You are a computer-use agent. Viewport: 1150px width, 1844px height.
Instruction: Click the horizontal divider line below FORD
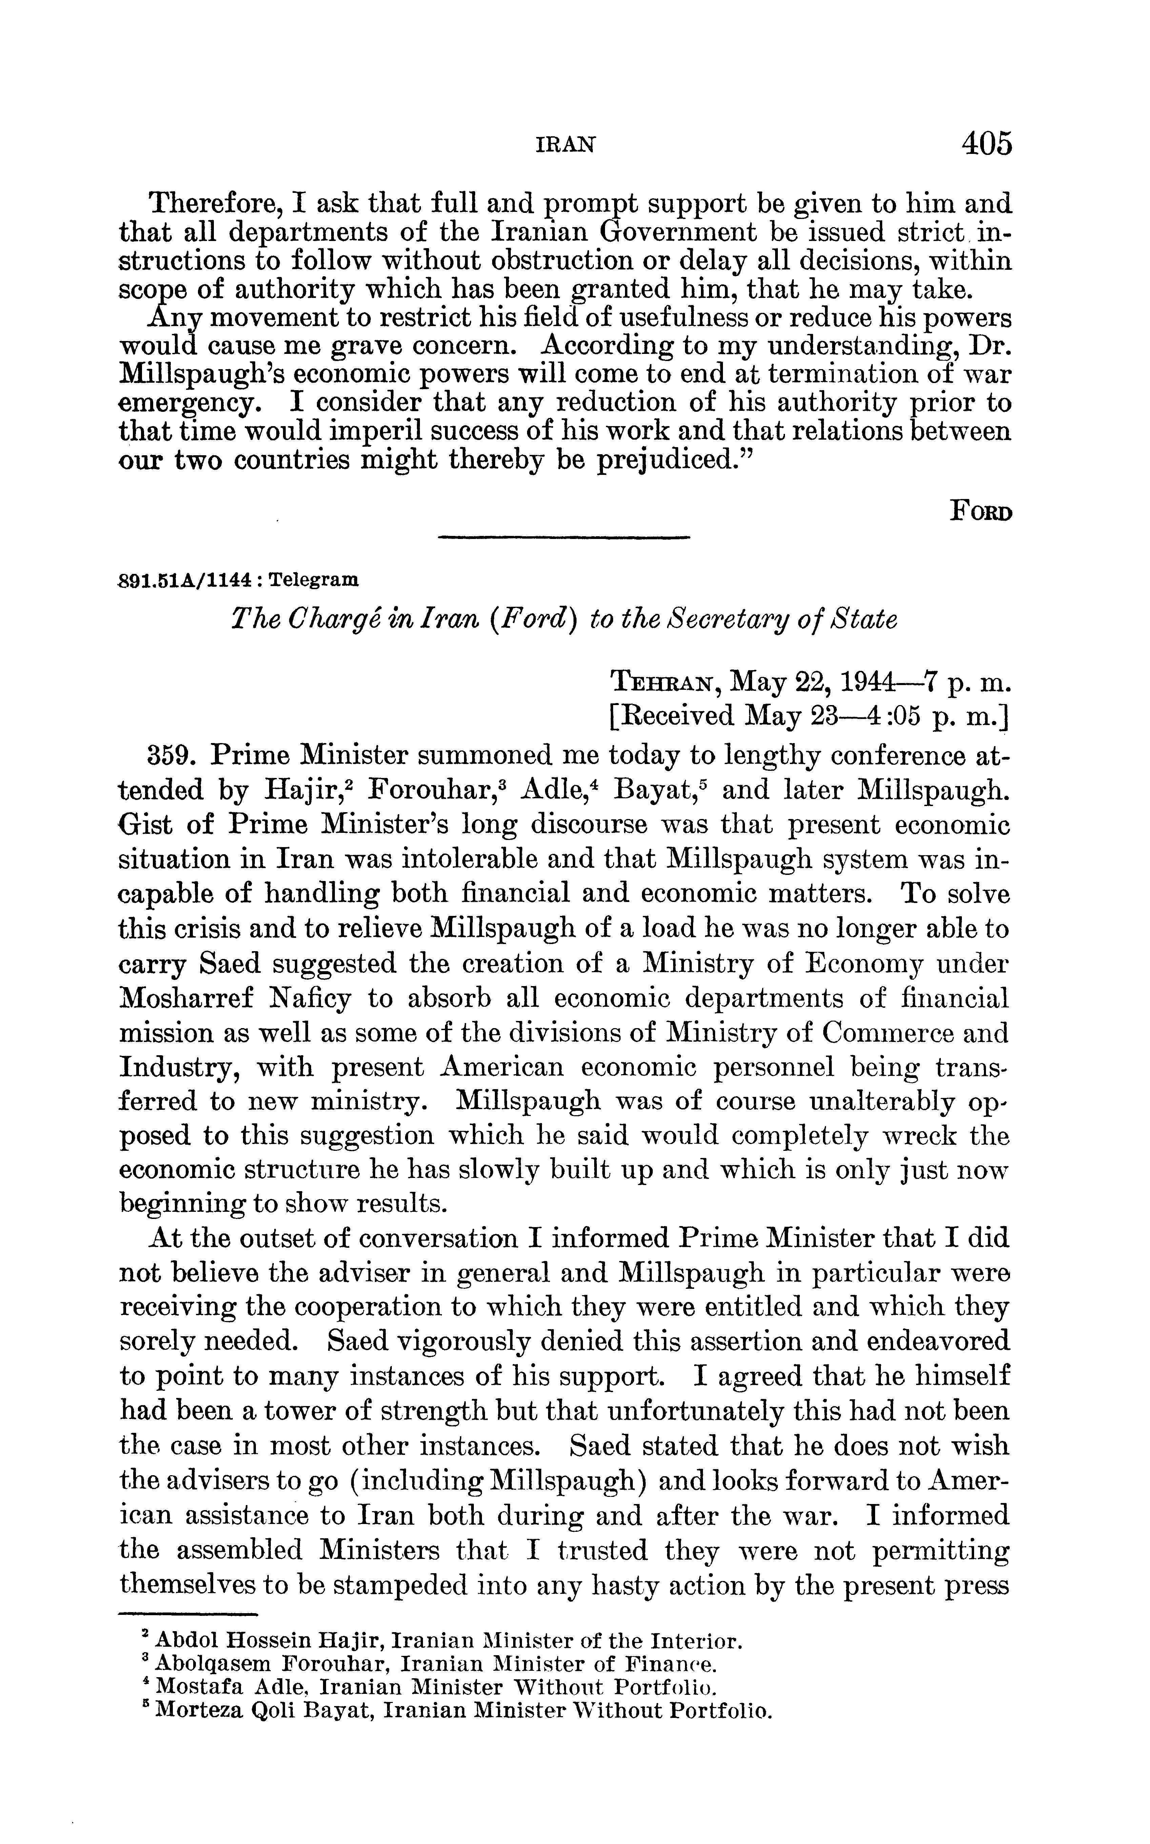tap(564, 539)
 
